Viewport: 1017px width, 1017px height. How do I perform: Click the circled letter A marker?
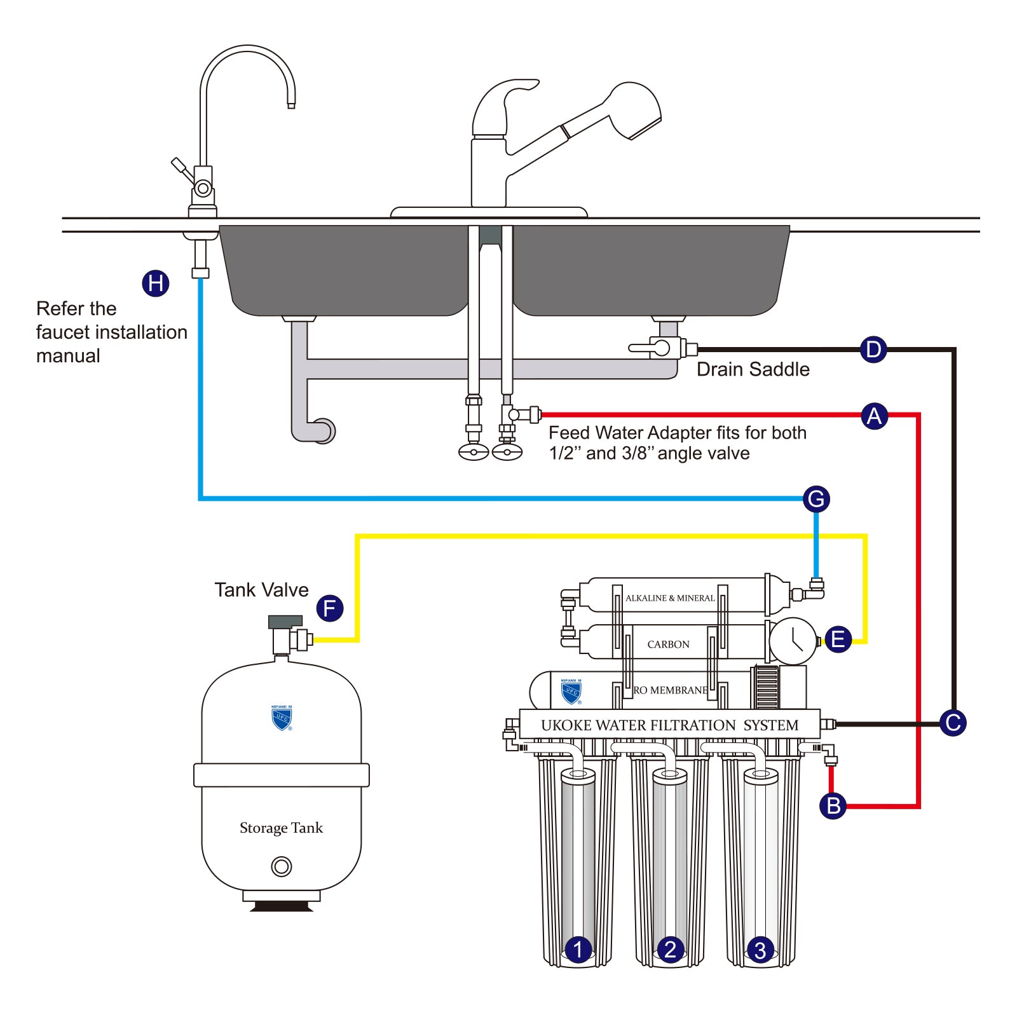pyautogui.click(x=874, y=416)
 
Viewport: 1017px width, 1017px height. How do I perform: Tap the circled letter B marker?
pyautogui.click(x=833, y=805)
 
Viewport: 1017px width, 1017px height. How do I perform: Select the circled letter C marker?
pyautogui.click(x=952, y=723)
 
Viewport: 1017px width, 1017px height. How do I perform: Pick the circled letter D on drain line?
pyautogui.click(x=873, y=349)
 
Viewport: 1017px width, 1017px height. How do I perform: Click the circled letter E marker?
pyautogui.click(x=838, y=639)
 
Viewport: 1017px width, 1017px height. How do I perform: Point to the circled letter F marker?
pyautogui.click(x=329, y=608)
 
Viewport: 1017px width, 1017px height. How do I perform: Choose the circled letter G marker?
pyautogui.click(x=816, y=499)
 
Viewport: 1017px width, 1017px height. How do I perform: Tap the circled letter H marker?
pyautogui.click(x=155, y=283)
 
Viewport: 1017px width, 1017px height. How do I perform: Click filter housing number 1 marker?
pyautogui.click(x=578, y=950)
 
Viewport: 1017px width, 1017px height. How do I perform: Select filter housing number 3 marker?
pyautogui.click(x=760, y=950)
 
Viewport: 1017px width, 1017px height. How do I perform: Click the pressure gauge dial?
pyautogui.click(x=793, y=641)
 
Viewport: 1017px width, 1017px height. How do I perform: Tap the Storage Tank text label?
pyautogui.click(x=281, y=828)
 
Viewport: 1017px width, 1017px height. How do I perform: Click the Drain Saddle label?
pyautogui.click(x=753, y=369)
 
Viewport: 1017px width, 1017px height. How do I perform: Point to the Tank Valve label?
pyautogui.click(x=261, y=590)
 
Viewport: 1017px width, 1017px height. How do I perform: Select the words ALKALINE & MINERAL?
pyautogui.click(x=670, y=598)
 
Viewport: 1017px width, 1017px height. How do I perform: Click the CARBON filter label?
pyautogui.click(x=668, y=645)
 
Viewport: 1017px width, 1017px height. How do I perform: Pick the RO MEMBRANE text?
pyautogui.click(x=671, y=690)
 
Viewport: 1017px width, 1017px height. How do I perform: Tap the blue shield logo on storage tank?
pyautogui.click(x=281, y=718)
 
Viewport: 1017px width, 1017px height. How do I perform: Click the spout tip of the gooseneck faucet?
pyautogui.click(x=291, y=104)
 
